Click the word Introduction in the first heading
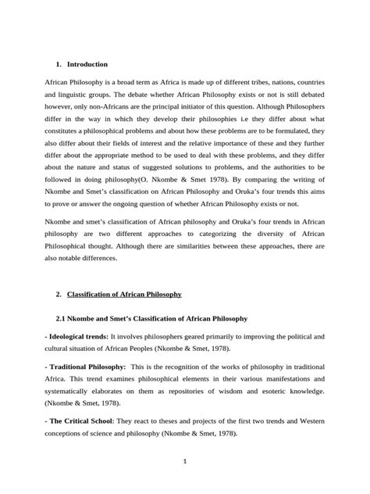(x=87, y=63)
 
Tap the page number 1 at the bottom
(x=185, y=462)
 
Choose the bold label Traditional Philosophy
(x=85, y=366)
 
